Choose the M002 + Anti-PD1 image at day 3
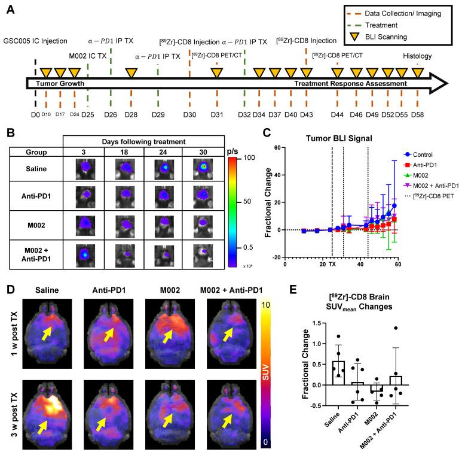click(x=85, y=253)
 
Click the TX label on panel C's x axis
click(x=332, y=264)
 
